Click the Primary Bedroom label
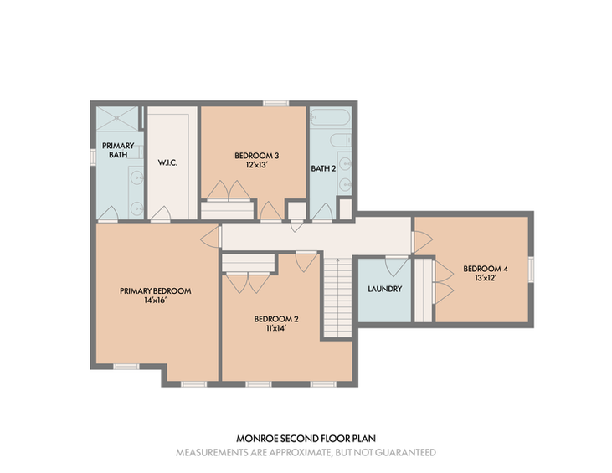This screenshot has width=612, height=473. (156, 291)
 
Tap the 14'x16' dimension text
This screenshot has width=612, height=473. (156, 301)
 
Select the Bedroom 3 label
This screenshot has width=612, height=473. (256, 156)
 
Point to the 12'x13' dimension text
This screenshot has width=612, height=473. (256, 165)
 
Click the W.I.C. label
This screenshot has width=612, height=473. (167, 162)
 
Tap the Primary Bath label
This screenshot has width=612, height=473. (118, 150)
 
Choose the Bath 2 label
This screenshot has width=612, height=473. (323, 168)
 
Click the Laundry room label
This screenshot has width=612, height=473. (384, 289)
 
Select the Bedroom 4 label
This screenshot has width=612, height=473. (486, 269)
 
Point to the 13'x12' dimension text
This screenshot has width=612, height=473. (486, 278)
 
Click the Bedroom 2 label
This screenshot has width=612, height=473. (276, 319)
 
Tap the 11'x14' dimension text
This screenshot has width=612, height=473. (276, 329)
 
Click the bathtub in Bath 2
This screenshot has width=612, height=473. (330, 117)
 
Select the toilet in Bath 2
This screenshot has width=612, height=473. (341, 140)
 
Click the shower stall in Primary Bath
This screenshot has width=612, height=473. (117, 119)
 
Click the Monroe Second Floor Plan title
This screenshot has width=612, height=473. (306, 439)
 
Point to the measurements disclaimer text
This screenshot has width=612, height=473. (306, 453)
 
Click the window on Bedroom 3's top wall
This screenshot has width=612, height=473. (276, 104)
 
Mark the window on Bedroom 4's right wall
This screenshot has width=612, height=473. (531, 269)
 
